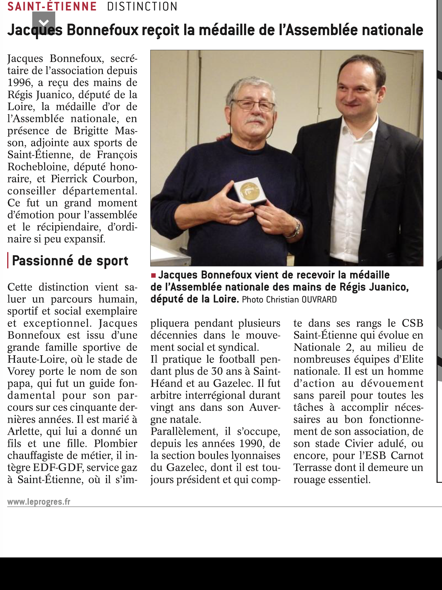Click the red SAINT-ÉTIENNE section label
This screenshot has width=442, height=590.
52,6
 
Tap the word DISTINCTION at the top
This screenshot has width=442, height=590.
142,6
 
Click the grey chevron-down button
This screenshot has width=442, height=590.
44,22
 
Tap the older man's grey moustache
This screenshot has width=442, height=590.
255,120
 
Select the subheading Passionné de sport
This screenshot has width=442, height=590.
70,261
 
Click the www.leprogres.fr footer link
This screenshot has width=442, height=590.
39,502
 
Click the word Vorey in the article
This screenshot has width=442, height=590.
21,371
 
